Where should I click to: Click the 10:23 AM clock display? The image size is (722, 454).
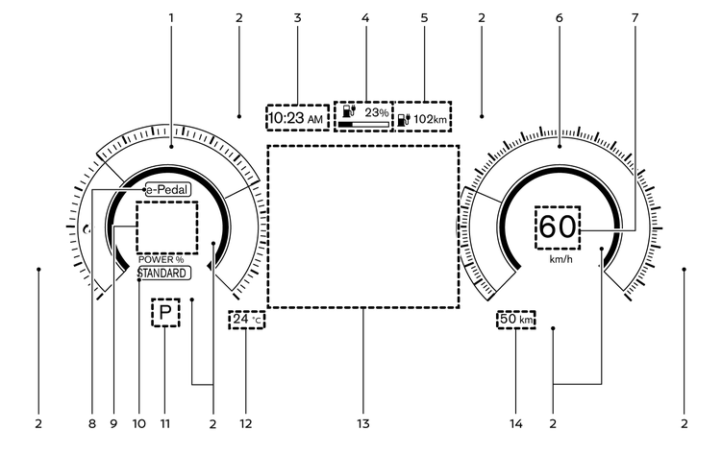(x=296, y=118)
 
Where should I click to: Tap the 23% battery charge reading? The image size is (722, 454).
(x=376, y=112)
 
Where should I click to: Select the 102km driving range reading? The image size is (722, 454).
(x=429, y=120)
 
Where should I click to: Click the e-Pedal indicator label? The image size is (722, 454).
(x=167, y=190)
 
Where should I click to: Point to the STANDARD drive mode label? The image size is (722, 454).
(x=163, y=273)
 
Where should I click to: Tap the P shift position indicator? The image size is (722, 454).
(x=165, y=313)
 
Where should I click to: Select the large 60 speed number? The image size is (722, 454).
(x=558, y=227)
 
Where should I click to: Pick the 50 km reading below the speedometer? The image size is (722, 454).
(x=516, y=319)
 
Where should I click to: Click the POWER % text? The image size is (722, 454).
(x=161, y=260)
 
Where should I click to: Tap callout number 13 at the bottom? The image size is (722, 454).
(x=364, y=422)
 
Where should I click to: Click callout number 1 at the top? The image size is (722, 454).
(x=171, y=18)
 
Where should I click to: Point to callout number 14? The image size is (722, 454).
(x=514, y=422)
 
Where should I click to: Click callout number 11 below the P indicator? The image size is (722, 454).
(x=164, y=422)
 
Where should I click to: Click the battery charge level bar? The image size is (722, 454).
(x=362, y=125)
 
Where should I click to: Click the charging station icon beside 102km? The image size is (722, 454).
(x=404, y=120)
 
